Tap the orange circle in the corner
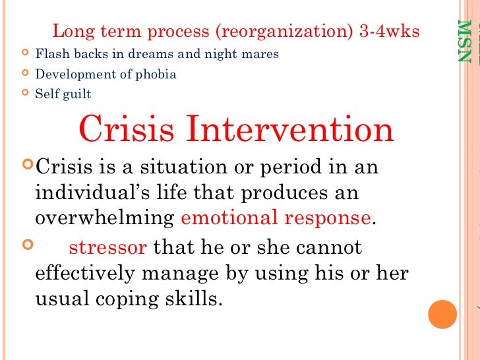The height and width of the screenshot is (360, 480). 442,315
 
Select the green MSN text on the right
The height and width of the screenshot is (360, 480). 465,42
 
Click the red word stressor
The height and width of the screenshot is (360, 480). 107,248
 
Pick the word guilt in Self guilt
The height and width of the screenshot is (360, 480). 77,94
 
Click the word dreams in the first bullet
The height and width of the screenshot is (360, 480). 143,54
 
